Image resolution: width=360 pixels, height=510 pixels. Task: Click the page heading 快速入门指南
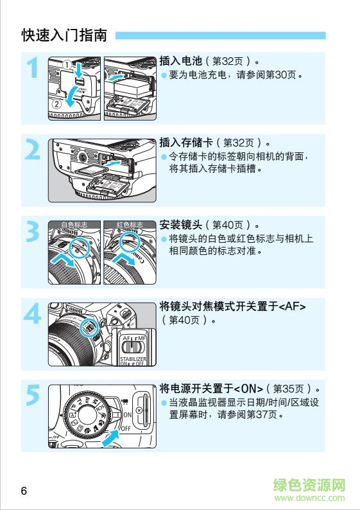(64, 35)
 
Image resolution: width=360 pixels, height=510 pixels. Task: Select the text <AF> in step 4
(293, 306)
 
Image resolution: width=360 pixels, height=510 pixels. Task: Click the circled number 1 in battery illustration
(67, 64)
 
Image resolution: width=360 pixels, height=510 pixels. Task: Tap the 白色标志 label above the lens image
(75, 225)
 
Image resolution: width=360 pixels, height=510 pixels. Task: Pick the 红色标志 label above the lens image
(130, 225)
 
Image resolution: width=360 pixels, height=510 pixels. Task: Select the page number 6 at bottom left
(24, 491)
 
